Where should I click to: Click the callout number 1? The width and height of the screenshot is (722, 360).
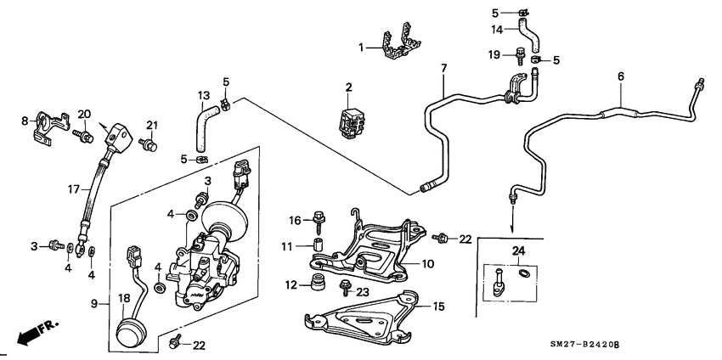(362, 48)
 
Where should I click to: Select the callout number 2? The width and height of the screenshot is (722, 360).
(348, 87)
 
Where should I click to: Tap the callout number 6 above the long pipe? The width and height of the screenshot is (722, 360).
(621, 76)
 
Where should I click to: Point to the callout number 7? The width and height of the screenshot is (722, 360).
(443, 67)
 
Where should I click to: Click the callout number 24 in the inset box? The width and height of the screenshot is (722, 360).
(519, 251)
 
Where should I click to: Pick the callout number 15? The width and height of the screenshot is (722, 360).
(438, 306)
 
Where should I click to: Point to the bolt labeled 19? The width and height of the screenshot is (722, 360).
(517, 57)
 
